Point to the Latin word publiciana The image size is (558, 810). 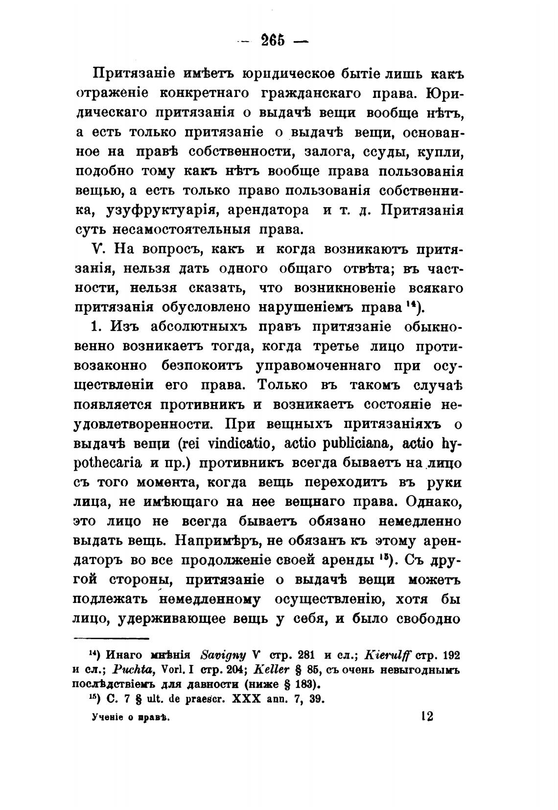pos(350,444)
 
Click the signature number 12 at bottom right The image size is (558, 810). pos(426,716)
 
